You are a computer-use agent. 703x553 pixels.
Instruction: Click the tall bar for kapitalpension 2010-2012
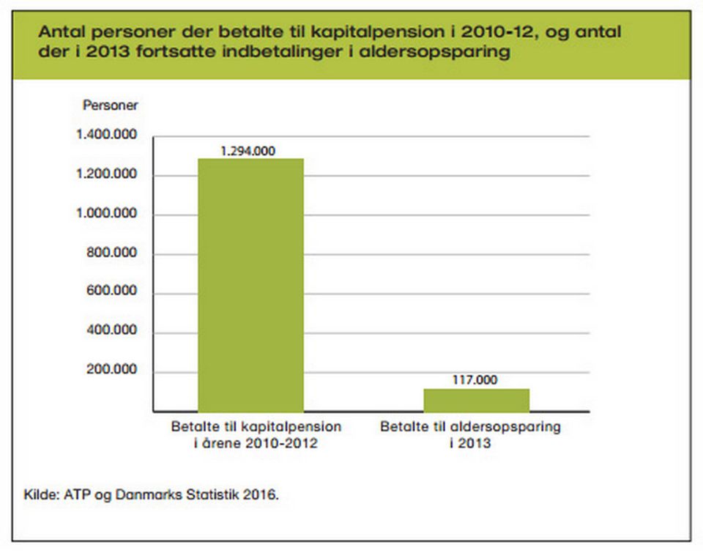[250, 285]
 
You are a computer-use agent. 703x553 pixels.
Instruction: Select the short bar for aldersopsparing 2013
[476, 400]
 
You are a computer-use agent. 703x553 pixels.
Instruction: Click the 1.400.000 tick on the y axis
[106, 136]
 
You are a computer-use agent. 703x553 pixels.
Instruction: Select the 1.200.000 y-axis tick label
[106, 175]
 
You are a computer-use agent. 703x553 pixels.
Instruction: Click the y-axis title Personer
[110, 105]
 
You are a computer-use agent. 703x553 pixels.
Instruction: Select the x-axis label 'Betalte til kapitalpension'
[256, 426]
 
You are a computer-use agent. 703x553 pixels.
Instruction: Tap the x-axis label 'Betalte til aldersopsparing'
[470, 426]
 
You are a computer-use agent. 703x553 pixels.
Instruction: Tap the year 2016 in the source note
[261, 494]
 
